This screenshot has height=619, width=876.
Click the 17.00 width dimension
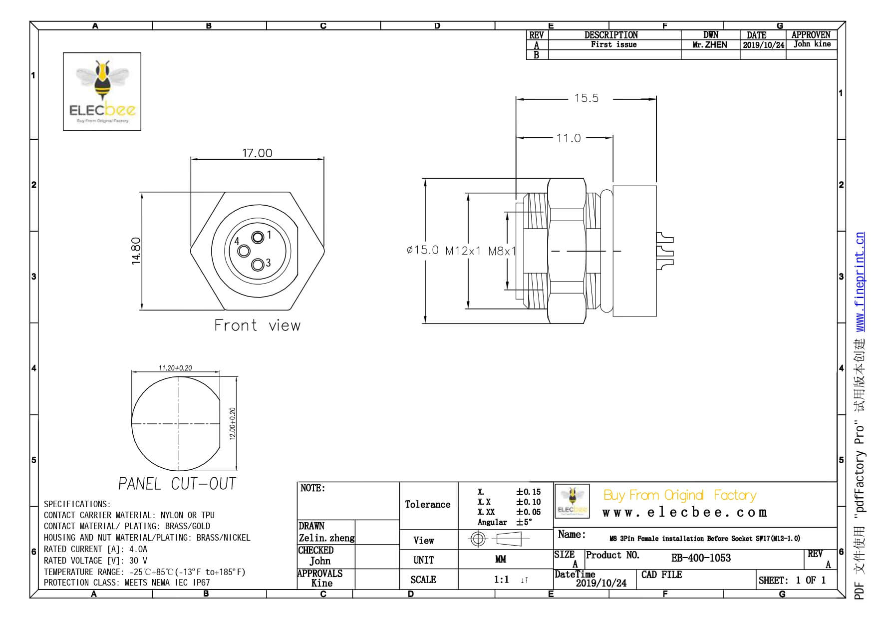pos(257,153)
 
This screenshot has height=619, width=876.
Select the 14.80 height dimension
pos(136,251)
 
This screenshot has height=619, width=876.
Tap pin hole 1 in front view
pos(258,237)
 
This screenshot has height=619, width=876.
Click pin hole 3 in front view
pos(257,265)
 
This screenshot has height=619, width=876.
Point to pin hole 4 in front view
pos(244,251)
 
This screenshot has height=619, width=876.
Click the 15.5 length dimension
pos(586,98)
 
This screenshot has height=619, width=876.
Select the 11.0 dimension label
pos(569,138)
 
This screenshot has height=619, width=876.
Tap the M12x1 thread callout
pos(463,251)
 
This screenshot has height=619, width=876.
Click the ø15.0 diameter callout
pos(422,250)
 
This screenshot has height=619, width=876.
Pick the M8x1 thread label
pos(502,251)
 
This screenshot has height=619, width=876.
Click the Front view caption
pos(257,325)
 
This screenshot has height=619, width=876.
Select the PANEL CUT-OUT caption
pos(177,483)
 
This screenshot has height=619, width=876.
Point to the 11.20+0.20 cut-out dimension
pos(175,368)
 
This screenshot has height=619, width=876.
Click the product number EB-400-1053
pos(701,558)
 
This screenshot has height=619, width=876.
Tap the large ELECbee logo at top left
pos(102,91)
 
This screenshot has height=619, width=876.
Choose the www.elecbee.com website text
pos(684,513)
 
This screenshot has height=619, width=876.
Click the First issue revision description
pos(613,44)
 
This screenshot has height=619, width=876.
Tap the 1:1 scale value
pos(501,580)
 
